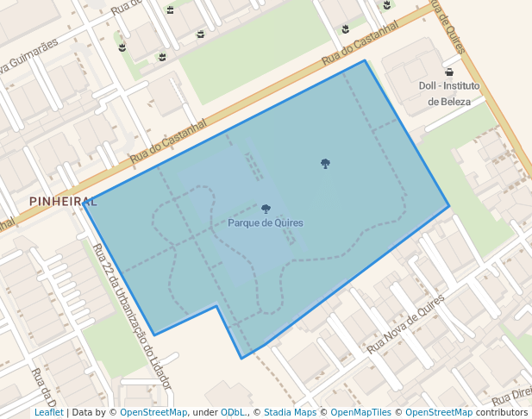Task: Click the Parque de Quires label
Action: (266, 222)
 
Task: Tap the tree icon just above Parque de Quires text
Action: (266, 209)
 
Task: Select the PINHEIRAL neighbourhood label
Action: (63, 201)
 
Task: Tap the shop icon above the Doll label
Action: (449, 72)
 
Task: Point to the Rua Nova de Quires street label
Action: (405, 323)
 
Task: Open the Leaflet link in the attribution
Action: (49, 412)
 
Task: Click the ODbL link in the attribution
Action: (232, 412)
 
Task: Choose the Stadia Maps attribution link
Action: (290, 412)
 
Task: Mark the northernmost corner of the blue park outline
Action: (365, 60)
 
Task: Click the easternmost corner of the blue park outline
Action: (449, 206)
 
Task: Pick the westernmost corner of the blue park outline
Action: (84, 203)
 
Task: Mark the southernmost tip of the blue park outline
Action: (241, 358)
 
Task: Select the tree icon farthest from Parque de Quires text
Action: (325, 163)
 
